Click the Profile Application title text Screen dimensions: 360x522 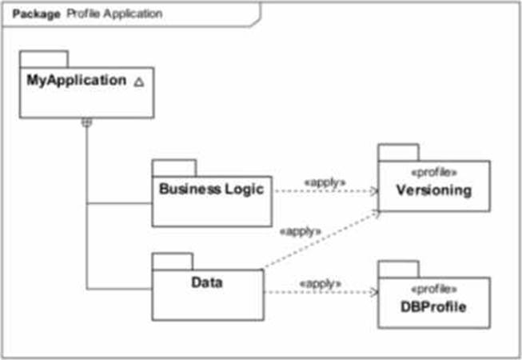point(114,14)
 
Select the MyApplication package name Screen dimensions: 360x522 point(77,81)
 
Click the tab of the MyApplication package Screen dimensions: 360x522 point(43,59)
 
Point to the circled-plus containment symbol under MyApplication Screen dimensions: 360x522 point(87,122)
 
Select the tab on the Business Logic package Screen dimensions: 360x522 point(173,167)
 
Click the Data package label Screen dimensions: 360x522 point(206,282)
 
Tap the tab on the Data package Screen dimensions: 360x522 point(172,261)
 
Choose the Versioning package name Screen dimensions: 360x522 point(433,190)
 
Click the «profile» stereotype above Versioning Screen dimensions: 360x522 point(434,172)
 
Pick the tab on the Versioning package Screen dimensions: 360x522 point(398,152)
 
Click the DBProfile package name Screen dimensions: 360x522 point(433,306)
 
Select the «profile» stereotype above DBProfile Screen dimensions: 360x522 point(434,288)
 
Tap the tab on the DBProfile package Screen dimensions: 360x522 point(398,269)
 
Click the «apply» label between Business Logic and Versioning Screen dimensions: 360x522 point(325,182)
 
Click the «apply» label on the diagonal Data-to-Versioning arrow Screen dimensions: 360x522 point(300,231)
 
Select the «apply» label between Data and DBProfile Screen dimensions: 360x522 point(320,283)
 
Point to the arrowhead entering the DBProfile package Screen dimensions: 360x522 point(373,292)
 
